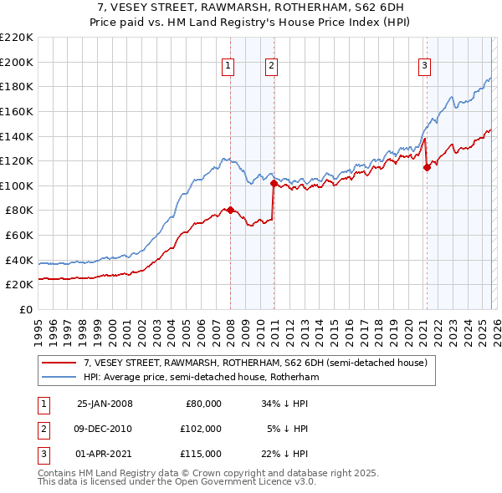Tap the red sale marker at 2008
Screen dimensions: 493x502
click(231, 210)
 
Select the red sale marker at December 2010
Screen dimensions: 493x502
click(274, 183)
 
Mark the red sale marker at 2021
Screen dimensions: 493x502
click(427, 167)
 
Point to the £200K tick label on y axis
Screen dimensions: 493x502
click(17, 62)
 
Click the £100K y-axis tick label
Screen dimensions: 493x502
click(17, 186)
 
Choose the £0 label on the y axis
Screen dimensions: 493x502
click(25, 309)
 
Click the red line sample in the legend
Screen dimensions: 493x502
click(59, 363)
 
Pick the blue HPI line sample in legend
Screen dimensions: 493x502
click(59, 378)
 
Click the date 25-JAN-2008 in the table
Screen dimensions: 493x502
click(105, 404)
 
